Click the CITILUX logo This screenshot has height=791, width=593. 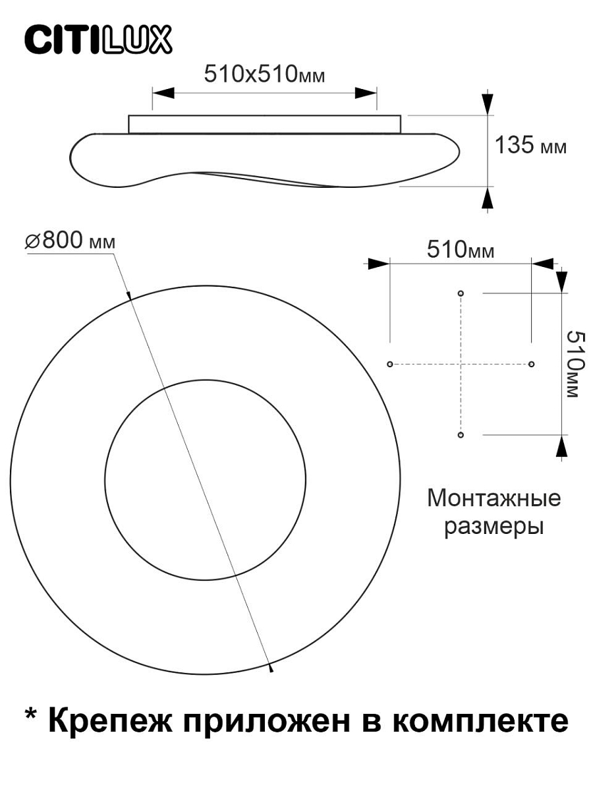pyautogui.click(x=98, y=40)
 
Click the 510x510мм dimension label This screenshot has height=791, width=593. pyautogui.click(x=264, y=74)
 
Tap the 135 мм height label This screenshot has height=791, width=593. pyautogui.click(x=530, y=145)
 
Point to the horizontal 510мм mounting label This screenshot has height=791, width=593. pyautogui.click(x=461, y=249)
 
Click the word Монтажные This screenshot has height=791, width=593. pyautogui.click(x=494, y=499)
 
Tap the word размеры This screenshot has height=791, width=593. pyautogui.click(x=494, y=528)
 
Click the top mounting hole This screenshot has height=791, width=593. pyautogui.click(x=461, y=293)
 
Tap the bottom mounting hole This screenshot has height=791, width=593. pyautogui.click(x=461, y=435)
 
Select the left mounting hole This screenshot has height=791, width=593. pyautogui.click(x=389, y=364)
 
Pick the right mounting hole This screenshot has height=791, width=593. pyautogui.click(x=531, y=364)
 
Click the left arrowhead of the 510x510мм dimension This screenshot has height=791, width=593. pyautogui.click(x=163, y=93)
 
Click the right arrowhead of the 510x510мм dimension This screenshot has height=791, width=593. pyautogui.click(x=366, y=93)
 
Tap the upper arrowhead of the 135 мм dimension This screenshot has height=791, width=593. pyautogui.click(x=488, y=104)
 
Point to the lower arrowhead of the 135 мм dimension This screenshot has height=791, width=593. pyautogui.click(x=488, y=198)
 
